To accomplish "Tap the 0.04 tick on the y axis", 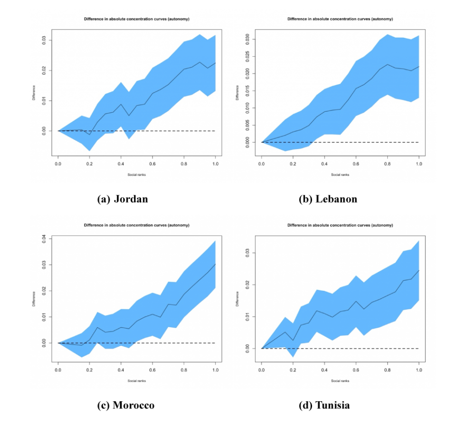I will tap(44, 239).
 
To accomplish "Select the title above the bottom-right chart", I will tap(340, 225).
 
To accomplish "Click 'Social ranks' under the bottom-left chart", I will tap(136, 381).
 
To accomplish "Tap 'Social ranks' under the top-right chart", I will tap(340, 175).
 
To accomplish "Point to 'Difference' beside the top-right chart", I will tap(237, 92).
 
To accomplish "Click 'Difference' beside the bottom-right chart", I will tap(237, 299).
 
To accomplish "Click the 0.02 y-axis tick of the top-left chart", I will tap(44, 70).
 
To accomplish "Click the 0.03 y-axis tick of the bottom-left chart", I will tap(44, 265).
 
